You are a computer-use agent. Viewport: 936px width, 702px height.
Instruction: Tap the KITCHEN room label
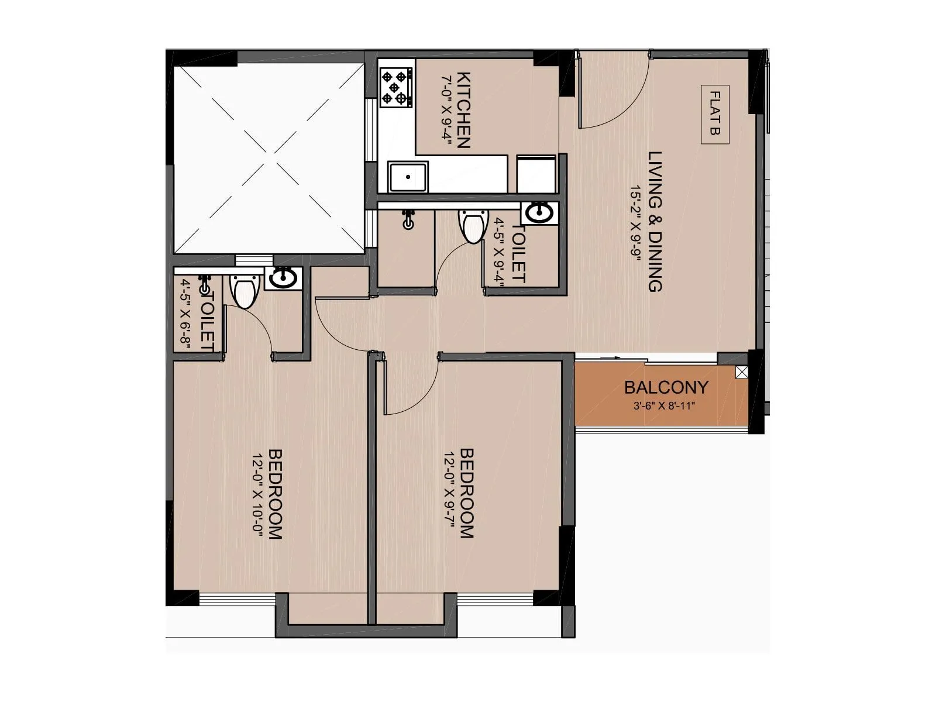coord(463,110)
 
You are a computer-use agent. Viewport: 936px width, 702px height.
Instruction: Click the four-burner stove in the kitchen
coord(395,88)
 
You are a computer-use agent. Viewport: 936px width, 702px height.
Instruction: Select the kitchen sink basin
coord(408,177)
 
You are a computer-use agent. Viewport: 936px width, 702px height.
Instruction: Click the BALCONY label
coord(666,387)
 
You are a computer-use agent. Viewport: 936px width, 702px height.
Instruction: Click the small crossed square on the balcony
coord(742,372)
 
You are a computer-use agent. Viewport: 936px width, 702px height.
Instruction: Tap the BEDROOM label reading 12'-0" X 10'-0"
coord(275,493)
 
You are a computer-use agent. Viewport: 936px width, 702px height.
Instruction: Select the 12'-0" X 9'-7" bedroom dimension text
coord(449,493)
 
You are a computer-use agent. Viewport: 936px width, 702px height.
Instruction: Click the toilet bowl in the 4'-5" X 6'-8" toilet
coord(242,291)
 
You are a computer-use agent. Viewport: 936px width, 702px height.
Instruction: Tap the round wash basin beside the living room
coord(539,213)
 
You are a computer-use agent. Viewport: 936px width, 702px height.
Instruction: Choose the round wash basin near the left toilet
coord(283,277)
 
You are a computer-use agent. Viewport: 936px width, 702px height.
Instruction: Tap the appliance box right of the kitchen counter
coord(536,174)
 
